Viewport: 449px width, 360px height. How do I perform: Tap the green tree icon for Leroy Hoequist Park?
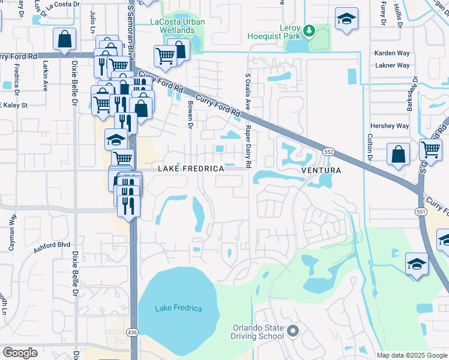tap(309, 29)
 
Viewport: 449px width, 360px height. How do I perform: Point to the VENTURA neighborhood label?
tap(321, 170)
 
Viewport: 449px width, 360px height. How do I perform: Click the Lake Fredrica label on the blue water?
tap(178, 308)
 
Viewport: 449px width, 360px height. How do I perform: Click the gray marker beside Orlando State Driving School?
tap(293, 331)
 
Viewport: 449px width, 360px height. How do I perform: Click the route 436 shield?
tap(133, 332)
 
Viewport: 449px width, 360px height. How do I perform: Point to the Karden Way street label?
tap(391, 53)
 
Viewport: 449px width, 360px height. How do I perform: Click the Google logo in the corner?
tap(20, 353)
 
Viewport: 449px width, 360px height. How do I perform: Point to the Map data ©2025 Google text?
tap(411, 355)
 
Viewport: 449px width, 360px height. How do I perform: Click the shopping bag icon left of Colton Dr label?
tap(398, 155)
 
